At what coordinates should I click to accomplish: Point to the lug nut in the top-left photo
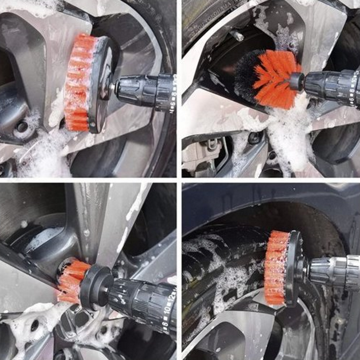pos(22,126)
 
